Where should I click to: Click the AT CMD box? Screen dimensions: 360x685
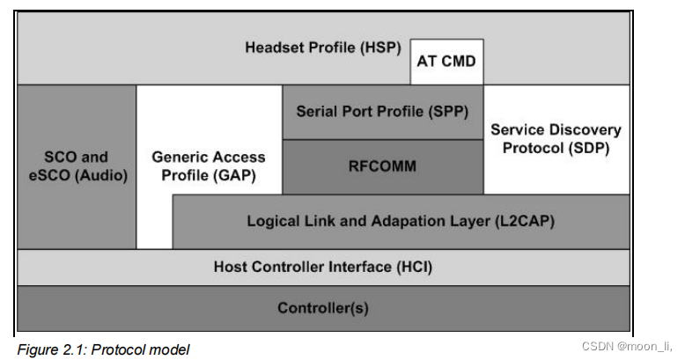coord(446,62)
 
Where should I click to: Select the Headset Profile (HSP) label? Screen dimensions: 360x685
coord(322,47)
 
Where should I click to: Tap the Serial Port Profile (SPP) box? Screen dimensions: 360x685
coord(382,112)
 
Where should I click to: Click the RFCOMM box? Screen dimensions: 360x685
coord(382,165)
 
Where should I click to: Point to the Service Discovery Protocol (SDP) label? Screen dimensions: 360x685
coord(556,139)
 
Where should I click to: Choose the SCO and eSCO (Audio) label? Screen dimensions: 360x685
coord(77,166)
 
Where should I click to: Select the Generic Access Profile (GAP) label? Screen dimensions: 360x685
coord(209,166)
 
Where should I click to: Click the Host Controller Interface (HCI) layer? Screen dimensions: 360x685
coord(322,267)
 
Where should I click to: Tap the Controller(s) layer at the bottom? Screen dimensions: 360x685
coord(322,308)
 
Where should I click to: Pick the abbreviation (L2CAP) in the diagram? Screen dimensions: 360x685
coord(525,222)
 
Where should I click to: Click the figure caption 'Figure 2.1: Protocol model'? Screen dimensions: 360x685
coord(103,349)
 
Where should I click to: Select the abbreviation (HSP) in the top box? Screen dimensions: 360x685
coord(381,47)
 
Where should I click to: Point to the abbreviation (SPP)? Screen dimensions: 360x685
coord(448,112)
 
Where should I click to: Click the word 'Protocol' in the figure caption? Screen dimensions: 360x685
coord(136,349)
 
